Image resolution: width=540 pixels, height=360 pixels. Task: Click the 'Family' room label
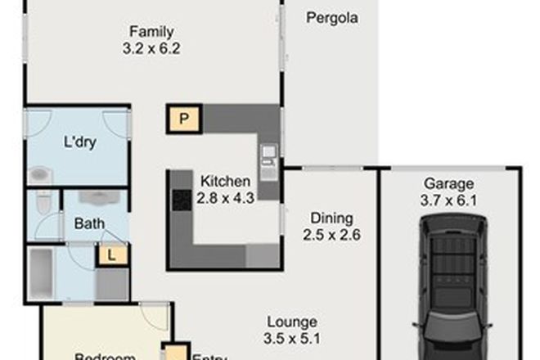coord(152,33)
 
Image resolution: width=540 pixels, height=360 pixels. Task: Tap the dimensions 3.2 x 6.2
coord(152,48)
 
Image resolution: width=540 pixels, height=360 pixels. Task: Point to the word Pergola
coord(332,16)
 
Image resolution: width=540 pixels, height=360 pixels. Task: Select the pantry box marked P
coord(185,119)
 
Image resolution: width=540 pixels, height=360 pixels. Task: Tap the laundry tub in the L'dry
coord(39,173)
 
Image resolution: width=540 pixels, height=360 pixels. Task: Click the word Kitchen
coord(220,181)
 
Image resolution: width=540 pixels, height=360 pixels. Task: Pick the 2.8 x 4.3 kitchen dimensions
coord(220,196)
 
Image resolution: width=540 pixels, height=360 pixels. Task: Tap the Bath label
coord(88,224)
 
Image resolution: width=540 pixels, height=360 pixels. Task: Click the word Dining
coord(331,218)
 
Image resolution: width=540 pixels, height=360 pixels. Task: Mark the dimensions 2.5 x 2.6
coord(331,234)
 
